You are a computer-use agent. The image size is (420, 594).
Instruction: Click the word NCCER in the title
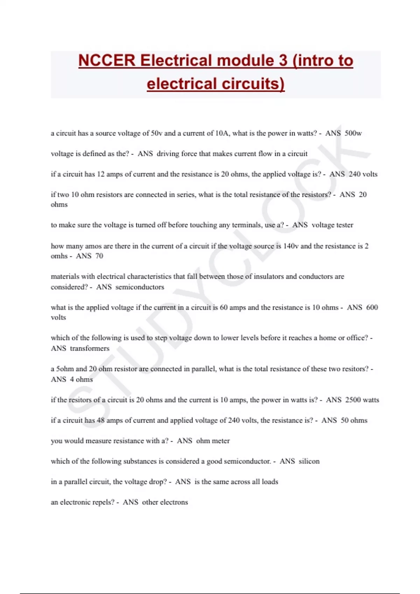coord(107,60)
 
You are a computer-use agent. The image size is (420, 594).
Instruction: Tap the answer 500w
coord(353,133)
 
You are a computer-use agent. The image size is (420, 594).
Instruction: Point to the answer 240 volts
coord(363,174)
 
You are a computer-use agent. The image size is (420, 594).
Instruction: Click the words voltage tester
coord(332,225)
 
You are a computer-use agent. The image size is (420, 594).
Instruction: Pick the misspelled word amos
coord(93,246)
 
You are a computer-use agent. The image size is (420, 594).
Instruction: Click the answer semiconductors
coord(140,287)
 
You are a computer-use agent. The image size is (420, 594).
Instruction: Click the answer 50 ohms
coord(354,420)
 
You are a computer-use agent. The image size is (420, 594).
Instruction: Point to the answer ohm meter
coord(213,441)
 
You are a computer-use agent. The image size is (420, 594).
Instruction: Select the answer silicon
coord(309,461)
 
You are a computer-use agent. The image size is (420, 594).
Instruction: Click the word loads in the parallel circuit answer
coord(270,481)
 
